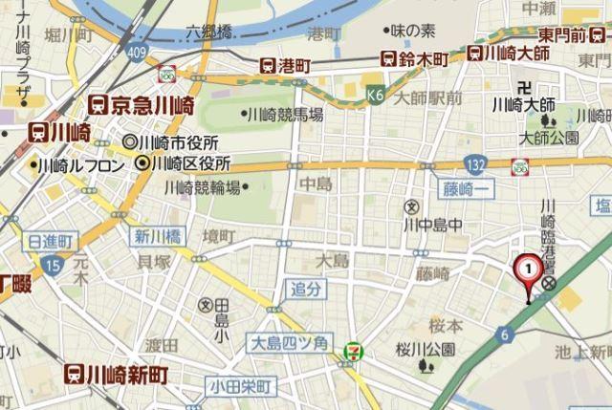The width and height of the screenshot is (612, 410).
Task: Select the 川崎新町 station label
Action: point(116,374)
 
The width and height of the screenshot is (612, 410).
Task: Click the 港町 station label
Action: point(285,65)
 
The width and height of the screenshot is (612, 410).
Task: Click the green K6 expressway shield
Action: point(376,96)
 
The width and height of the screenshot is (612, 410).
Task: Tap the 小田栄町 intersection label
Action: point(240,388)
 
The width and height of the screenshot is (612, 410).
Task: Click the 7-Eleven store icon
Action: point(355,353)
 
